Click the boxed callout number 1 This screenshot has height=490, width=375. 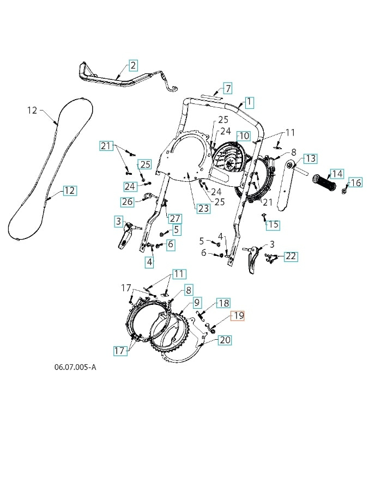coord(249,102)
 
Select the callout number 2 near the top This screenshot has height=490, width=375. coord(133,66)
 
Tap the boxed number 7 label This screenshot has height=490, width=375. coord(228,88)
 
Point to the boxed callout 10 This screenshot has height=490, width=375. coord(243,136)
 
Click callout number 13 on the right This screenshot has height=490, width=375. coord(310,158)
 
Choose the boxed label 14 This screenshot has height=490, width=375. coord(337,174)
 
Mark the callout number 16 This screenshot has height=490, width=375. coord(355,182)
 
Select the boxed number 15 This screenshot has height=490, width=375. coord(273,224)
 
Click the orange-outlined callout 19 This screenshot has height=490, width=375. coord(239,316)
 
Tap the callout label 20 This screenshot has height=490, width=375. coord(225,340)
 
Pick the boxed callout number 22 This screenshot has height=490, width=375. coord(291,256)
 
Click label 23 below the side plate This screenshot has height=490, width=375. coord(203,208)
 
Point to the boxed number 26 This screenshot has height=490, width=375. coord(127,202)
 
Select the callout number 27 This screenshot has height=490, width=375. coord(174,218)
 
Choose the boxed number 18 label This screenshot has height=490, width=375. coord(223,303)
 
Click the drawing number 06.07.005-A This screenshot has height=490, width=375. coord(75,367)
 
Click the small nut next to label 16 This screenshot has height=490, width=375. coord(345,190)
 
